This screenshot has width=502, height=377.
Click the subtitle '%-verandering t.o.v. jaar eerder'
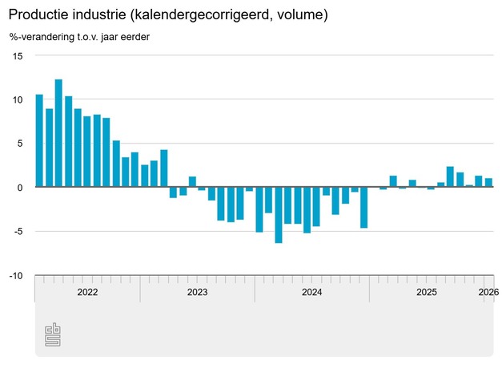[79, 37]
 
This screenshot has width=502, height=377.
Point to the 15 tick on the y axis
[18, 56]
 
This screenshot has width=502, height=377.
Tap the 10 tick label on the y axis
[18, 100]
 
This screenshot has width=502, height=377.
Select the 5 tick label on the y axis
[20, 144]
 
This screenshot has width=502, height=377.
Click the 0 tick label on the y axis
[20, 188]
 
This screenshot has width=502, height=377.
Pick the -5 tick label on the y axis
[18, 232]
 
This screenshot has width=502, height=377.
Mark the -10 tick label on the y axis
[16, 276]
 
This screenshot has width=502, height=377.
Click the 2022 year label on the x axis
[87, 293]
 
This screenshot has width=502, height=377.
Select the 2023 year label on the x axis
[197, 293]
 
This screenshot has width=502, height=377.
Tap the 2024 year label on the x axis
[312, 293]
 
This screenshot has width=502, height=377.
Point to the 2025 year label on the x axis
[427, 293]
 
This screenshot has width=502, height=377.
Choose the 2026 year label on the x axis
[488, 293]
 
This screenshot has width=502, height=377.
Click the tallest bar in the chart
[58, 133]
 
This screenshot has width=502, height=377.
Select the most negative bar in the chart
[279, 215]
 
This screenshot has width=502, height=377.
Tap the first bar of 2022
[39, 141]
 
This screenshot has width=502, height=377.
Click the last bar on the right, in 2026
[488, 183]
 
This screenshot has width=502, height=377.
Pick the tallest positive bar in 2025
[451, 176]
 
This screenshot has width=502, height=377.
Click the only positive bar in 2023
[192, 182]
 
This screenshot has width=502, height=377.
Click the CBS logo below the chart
[53, 334]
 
